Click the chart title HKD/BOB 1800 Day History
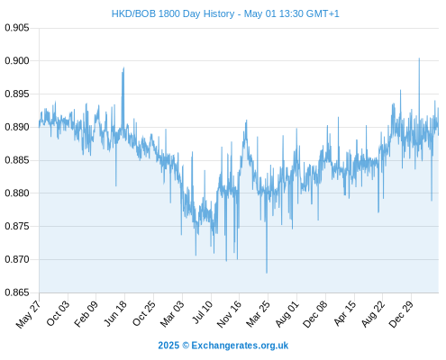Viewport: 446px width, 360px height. coord(173,13)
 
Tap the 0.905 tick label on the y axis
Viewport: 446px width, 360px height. coord(17,28)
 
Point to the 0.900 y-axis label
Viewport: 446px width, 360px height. coord(17,61)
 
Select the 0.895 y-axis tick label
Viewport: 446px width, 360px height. coord(17,94)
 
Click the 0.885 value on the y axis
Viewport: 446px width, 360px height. coord(17,160)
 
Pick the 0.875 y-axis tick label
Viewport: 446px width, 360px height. coord(17,226)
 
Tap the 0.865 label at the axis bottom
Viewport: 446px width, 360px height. coord(17,292)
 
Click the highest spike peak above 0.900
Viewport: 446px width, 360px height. coord(419,58)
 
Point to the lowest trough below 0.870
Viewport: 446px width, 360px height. coord(267,273)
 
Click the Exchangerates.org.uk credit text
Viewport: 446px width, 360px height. coord(223,346)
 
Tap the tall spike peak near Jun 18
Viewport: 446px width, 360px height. coord(123,67)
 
